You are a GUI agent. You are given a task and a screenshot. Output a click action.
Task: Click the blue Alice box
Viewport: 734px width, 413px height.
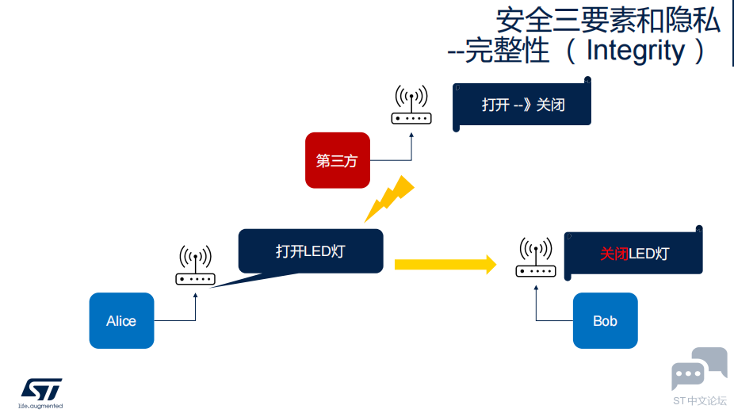pyautogui.click(x=122, y=321)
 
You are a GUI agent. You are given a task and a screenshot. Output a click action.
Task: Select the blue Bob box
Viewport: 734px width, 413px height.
pyautogui.click(x=606, y=321)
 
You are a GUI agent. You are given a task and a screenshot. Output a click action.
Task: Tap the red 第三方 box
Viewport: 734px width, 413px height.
pyautogui.click(x=338, y=160)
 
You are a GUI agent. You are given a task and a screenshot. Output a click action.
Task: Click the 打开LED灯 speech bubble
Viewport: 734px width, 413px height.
pyautogui.click(x=311, y=251)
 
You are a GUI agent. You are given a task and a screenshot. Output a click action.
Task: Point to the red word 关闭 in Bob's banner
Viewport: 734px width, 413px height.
pyautogui.click(x=614, y=254)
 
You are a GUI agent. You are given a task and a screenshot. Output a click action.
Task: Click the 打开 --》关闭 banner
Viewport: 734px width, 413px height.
pyautogui.click(x=522, y=104)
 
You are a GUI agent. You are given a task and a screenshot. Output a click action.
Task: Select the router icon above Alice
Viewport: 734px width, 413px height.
pyautogui.click(x=195, y=265)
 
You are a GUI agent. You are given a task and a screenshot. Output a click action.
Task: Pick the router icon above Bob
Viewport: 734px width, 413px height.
pyautogui.click(x=536, y=257)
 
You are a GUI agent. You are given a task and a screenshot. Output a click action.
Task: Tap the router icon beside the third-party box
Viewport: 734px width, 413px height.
pyautogui.click(x=411, y=105)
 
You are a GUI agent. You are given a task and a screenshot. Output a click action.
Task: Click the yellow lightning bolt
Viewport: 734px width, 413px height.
pyautogui.click(x=389, y=198)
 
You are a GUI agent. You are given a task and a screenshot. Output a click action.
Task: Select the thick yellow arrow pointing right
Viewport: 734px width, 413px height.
pyautogui.click(x=445, y=265)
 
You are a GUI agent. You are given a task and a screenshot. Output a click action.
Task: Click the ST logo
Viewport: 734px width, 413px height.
pyautogui.click(x=41, y=389)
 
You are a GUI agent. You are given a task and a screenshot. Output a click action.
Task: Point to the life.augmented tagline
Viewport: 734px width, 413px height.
pyautogui.click(x=40, y=406)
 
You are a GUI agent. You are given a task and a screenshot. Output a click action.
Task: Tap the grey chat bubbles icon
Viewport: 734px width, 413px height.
pyautogui.click(x=699, y=369)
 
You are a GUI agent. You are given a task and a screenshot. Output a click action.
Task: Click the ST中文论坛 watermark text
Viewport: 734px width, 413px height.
pyautogui.click(x=700, y=401)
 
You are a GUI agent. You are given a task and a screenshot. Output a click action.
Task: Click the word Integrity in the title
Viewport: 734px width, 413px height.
pyautogui.click(x=635, y=51)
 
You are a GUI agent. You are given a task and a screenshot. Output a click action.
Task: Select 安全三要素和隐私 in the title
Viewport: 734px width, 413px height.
pyautogui.click(x=608, y=21)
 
